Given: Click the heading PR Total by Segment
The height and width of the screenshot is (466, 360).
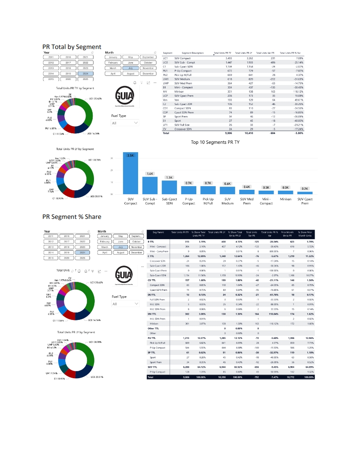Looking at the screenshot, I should tap(71, 46).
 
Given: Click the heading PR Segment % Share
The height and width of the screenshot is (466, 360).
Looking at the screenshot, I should tap(71, 217).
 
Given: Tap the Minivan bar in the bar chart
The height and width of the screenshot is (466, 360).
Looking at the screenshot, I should tap(285, 192).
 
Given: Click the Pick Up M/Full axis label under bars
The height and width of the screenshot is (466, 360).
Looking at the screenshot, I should tap(208, 201).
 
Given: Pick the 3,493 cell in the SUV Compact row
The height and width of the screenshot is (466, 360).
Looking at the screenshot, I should tap(229, 58).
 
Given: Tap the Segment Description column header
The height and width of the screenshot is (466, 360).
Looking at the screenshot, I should tap(189, 53).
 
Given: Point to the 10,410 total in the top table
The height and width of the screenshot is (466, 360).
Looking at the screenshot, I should tap(247, 133).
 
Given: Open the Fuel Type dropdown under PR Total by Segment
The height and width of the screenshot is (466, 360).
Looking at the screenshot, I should tap(125, 123).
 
